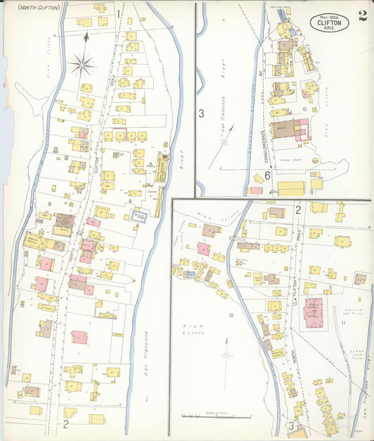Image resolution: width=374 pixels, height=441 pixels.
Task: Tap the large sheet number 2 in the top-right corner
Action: tap(361, 16)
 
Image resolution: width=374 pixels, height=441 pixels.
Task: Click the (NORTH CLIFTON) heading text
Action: tap(39, 8)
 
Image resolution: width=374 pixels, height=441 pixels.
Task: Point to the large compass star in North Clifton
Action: tap(82, 65)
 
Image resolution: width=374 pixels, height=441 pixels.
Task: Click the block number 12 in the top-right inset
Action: tap(304, 109)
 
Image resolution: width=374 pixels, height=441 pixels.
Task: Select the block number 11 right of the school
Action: tap(343, 322)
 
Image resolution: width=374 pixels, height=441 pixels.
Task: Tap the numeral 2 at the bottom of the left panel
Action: tap(65, 423)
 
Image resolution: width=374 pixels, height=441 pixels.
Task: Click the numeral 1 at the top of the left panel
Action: tap(119, 13)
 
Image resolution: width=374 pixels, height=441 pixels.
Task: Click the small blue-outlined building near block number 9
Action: tap(140, 217)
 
